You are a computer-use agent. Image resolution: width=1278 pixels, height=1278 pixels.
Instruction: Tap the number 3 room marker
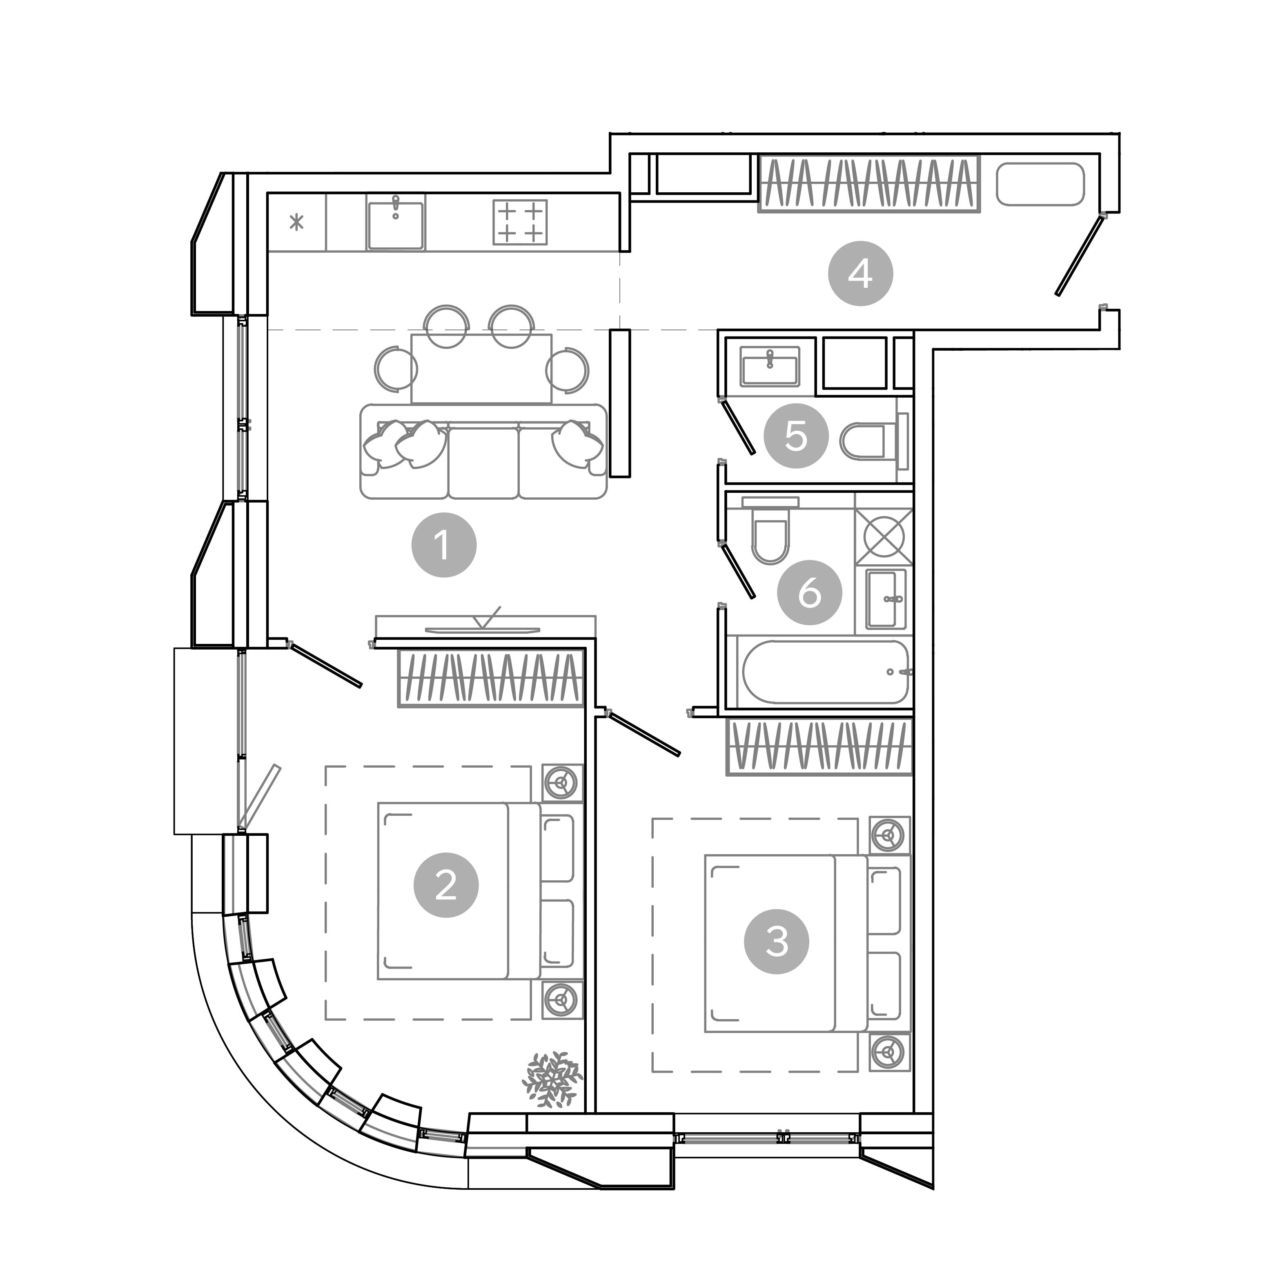(x=777, y=941)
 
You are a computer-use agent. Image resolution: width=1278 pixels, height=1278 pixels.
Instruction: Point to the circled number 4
(x=860, y=273)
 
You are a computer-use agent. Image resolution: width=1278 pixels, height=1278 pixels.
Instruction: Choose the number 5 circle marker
(x=796, y=436)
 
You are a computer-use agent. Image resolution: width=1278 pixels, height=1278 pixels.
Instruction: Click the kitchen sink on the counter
(x=395, y=225)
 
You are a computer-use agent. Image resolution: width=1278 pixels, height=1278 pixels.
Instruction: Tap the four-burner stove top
(x=520, y=222)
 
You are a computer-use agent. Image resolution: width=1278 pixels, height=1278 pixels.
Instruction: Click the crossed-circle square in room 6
(x=883, y=537)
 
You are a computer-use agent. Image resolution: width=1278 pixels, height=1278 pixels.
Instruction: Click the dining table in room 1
(x=481, y=368)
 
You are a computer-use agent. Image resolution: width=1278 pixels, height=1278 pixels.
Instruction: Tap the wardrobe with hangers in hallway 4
(x=868, y=183)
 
